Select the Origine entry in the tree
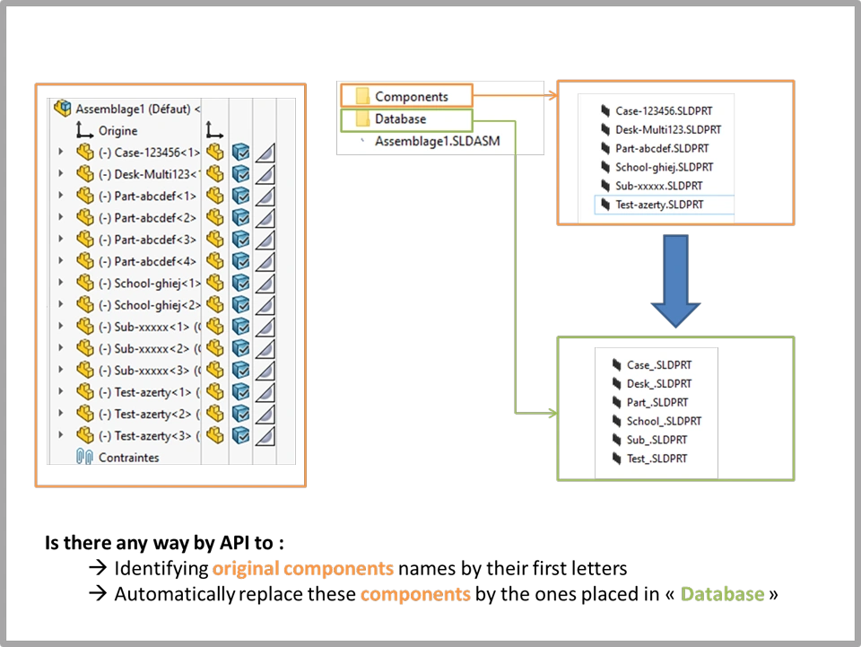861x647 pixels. [x=117, y=131]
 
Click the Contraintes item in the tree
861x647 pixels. [x=128, y=458]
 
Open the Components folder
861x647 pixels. [x=411, y=96]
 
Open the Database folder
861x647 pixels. [x=400, y=118]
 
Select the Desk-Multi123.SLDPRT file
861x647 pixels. [x=668, y=129]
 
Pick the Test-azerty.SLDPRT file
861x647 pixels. [x=659, y=205]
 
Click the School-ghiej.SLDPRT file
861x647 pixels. [x=664, y=167]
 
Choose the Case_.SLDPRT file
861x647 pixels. [x=659, y=364]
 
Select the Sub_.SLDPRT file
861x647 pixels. [x=657, y=440]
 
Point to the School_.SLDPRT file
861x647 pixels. [x=664, y=421]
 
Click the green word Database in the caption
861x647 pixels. [x=722, y=594]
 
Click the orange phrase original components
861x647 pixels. [x=302, y=569]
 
